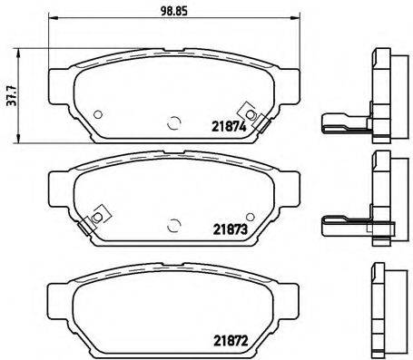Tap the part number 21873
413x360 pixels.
[x=231, y=230]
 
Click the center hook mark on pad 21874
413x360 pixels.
[x=173, y=124]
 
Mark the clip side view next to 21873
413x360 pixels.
[x=346, y=223]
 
